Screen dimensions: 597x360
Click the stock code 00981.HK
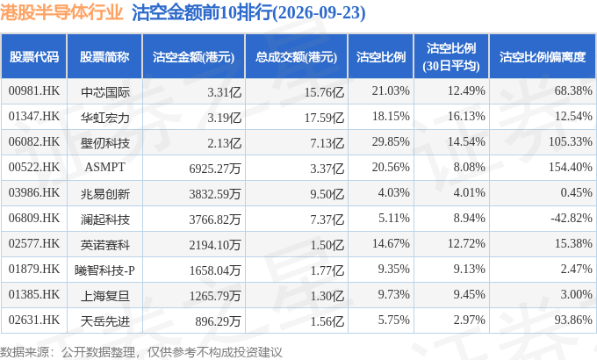pos(34,91)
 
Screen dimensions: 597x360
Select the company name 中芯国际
pos(104,92)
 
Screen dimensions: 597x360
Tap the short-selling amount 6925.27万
pos(215,169)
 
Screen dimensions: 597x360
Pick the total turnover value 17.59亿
pos(324,118)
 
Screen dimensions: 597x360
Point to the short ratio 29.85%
pos(391,141)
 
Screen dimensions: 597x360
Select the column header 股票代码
pos(34,57)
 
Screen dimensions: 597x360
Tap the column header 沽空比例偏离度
pos(543,57)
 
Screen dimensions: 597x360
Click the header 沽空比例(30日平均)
pos(451,57)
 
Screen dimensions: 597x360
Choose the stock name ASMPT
pos(104,167)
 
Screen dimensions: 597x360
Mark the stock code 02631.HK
pos(34,320)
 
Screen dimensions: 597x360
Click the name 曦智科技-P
pos(104,270)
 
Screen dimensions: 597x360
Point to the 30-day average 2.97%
pos(469,320)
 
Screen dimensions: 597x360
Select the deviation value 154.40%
pos(571,167)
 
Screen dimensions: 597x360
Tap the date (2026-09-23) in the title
pos(319,12)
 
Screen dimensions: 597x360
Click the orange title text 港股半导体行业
pos(61,12)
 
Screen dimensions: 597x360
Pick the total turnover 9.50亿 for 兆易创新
pos(327,194)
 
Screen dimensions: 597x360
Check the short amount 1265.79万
pos(215,296)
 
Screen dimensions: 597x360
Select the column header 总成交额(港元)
pos(296,57)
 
